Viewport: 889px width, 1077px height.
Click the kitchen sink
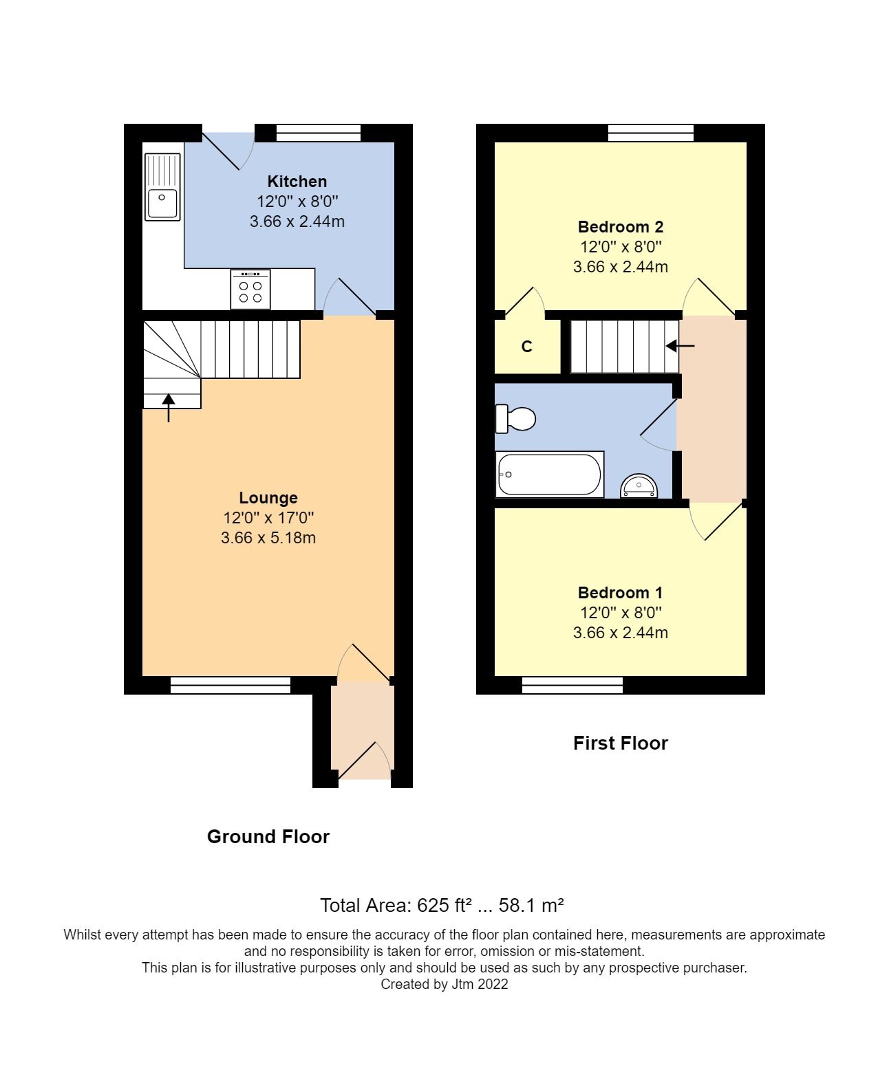point(162,187)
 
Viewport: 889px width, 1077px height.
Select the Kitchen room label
point(297,182)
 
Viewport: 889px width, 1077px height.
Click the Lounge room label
point(268,498)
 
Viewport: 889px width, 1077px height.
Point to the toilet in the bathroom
point(516,418)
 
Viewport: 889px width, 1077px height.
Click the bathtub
point(549,474)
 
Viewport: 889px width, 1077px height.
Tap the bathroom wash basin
point(640,486)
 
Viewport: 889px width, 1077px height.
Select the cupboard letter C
point(527,347)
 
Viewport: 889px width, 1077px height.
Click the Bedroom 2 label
point(621,227)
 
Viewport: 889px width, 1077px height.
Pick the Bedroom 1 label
point(621,593)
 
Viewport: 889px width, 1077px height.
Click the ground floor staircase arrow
point(169,406)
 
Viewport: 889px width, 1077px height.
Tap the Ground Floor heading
point(268,836)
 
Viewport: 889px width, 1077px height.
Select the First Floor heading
point(621,743)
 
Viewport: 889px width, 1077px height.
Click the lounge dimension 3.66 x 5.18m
point(268,538)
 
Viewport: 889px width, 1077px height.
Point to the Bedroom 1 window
point(572,685)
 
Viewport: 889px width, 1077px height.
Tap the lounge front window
point(231,685)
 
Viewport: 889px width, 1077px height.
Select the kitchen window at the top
point(318,133)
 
